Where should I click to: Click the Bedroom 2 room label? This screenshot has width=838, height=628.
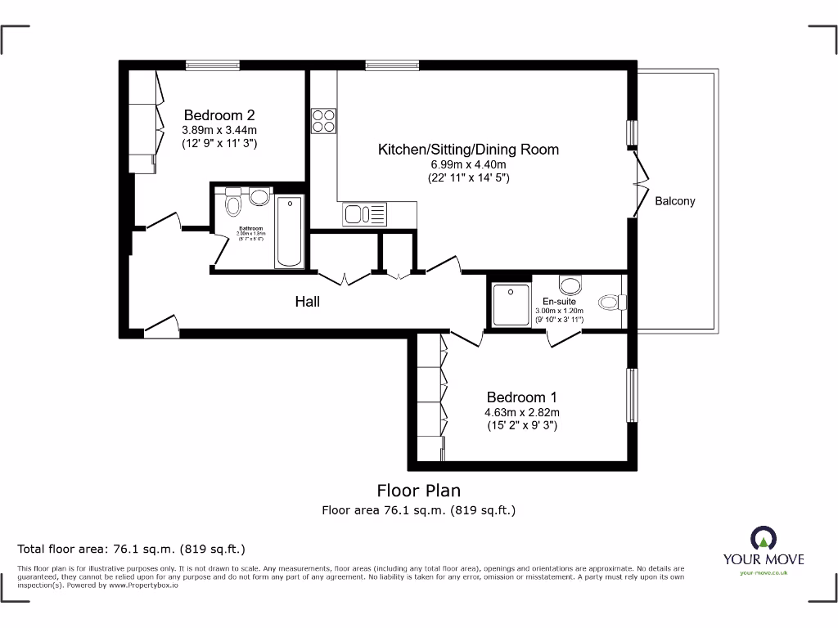coord(219,115)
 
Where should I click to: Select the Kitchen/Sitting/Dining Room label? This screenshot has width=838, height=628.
coord(468,150)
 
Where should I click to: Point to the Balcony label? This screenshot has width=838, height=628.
coord(675,200)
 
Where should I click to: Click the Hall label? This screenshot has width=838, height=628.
coord(307,302)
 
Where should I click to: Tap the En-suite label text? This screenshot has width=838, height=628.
coord(559,301)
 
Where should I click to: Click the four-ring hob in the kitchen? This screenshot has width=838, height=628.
coord(323,121)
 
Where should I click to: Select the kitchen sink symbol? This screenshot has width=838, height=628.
coord(364,214)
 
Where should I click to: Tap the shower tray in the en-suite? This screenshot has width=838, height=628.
coord(511,304)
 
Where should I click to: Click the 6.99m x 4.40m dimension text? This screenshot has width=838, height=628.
coord(468,164)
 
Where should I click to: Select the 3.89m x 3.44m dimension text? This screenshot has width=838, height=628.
coord(219,130)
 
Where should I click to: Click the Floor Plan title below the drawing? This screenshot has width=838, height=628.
coord(418,491)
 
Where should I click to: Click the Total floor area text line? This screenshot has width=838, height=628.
coord(132,549)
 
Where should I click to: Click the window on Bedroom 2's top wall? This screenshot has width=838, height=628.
coord(212,65)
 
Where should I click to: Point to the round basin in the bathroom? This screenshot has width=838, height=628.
coord(260,197)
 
